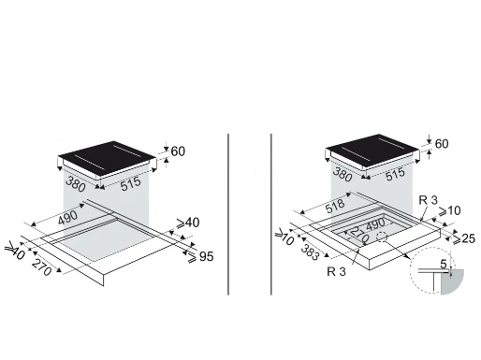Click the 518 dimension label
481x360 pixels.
334,206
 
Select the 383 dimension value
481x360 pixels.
310,252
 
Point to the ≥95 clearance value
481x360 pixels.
200,256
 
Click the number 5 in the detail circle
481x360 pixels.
444,264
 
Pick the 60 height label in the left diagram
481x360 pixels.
178,151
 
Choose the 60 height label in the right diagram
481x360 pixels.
442,144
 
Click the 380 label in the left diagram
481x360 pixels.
76,184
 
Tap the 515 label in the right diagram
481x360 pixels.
396,174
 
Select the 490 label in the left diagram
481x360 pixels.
67,217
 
